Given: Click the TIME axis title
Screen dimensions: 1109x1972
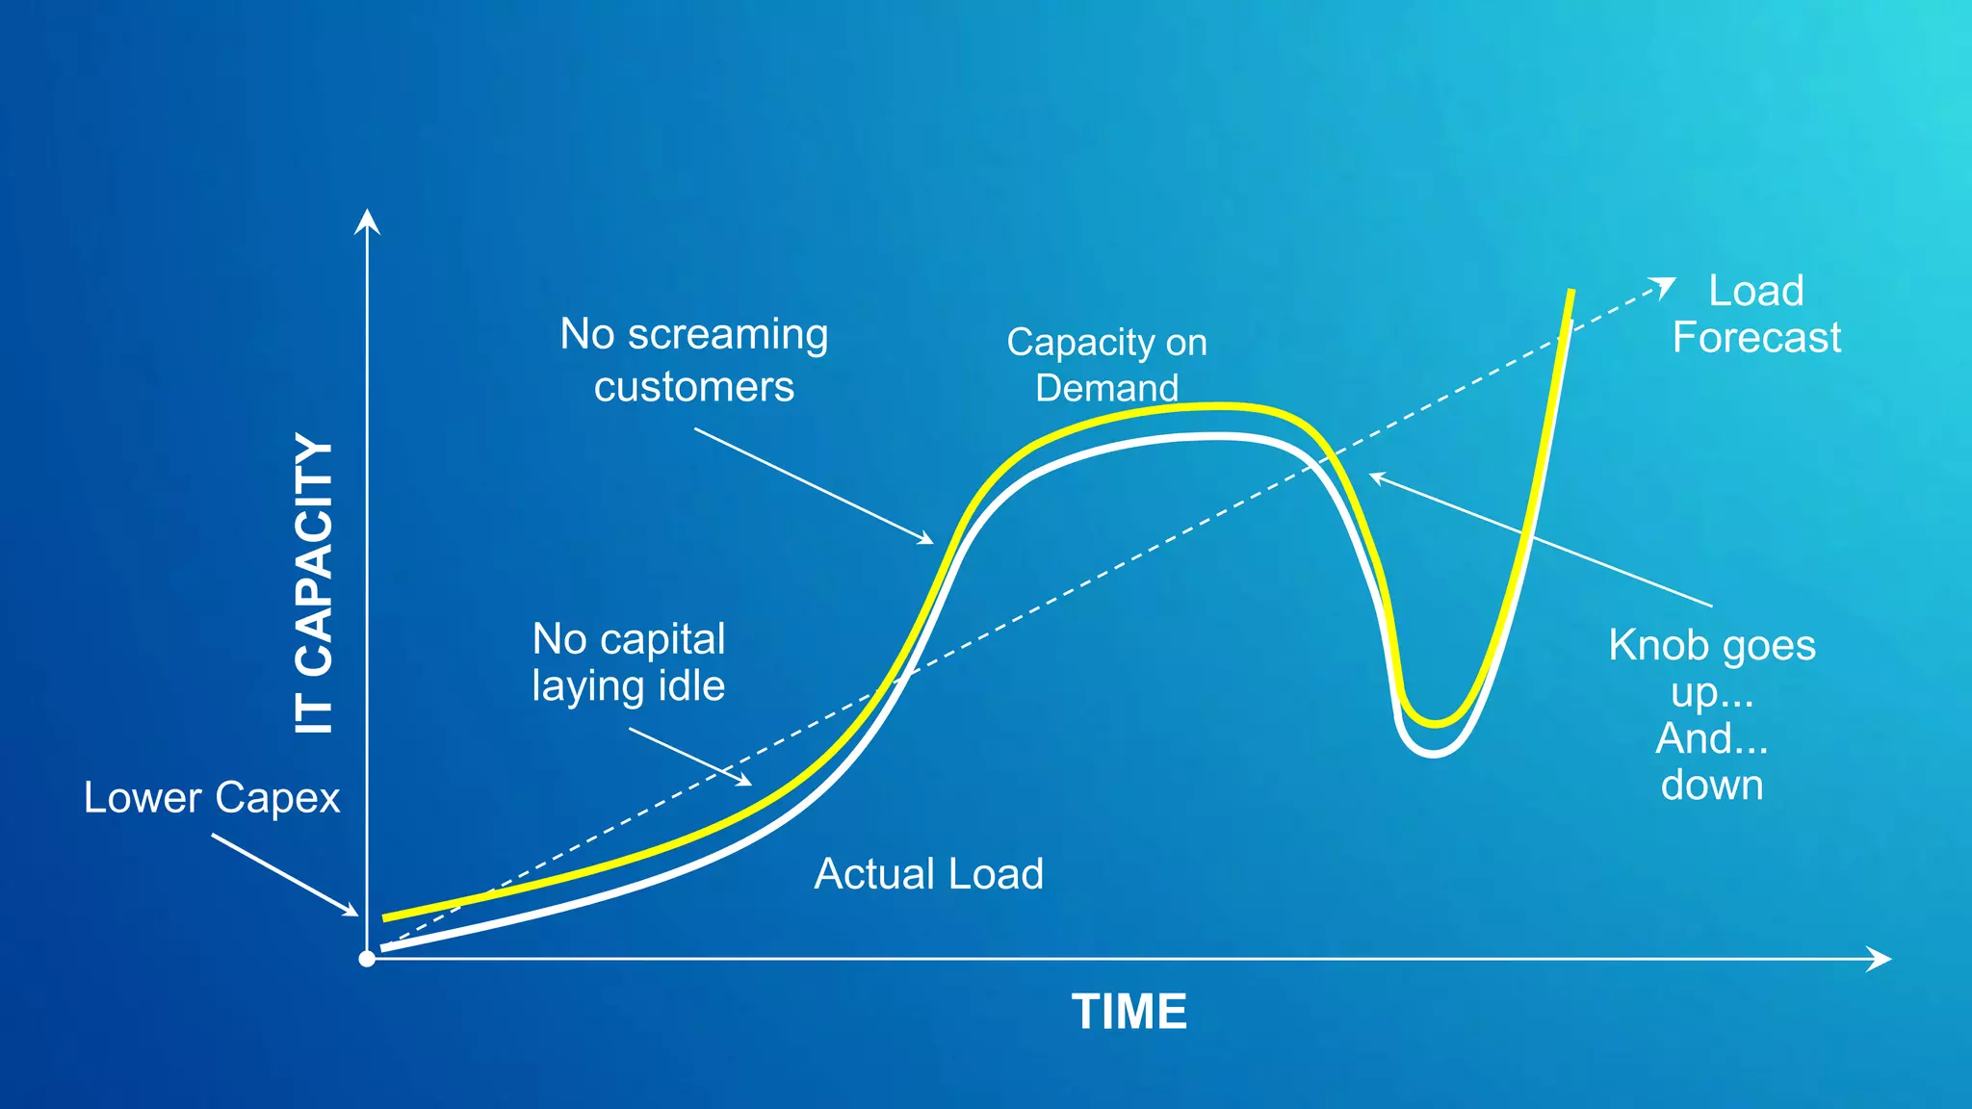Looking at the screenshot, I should pyautogui.click(x=1129, y=1012).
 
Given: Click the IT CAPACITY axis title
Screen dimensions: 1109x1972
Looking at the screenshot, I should pyautogui.click(x=314, y=583).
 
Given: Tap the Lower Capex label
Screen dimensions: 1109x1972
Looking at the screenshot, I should pyautogui.click(x=211, y=798).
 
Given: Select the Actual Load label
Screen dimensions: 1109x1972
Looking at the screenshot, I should pyautogui.click(x=928, y=874).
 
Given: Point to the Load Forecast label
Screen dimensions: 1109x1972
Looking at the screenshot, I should pyautogui.click(x=1755, y=314).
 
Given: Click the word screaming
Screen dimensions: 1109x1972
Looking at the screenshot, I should pyautogui.click(x=727, y=335).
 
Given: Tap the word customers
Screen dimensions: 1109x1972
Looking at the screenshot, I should pyautogui.click(x=693, y=387).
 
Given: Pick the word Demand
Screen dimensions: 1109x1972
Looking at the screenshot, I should pyautogui.click(x=1106, y=388).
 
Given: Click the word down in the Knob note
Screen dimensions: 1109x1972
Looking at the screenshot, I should pyautogui.click(x=1711, y=786).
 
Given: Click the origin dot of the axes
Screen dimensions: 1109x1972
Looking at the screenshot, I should pyautogui.click(x=367, y=959).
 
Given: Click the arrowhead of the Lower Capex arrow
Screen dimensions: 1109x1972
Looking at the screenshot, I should pyautogui.click(x=352, y=911).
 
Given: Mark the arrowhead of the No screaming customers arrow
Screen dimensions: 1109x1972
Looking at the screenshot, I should pyautogui.click(x=927, y=540).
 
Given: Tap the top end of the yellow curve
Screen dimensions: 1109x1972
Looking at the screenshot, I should pyautogui.click(x=1571, y=292).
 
